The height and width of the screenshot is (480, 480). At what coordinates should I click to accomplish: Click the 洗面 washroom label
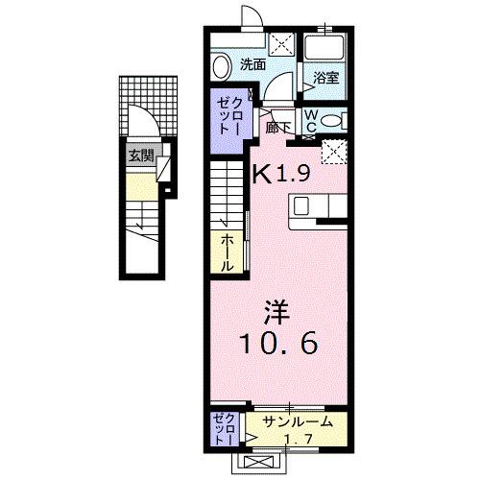[x=252, y=65]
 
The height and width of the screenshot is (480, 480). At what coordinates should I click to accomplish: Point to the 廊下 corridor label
[x=278, y=124]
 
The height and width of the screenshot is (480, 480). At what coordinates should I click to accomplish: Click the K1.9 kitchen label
[x=280, y=176]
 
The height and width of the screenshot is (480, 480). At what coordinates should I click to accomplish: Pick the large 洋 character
[x=278, y=311]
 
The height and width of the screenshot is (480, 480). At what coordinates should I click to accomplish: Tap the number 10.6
[x=278, y=343]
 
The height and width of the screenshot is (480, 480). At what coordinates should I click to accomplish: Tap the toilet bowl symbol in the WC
[x=332, y=120]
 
